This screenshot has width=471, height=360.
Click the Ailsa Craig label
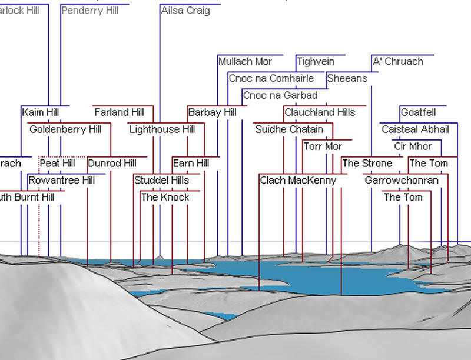point(185,11)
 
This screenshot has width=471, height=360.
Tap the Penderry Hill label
point(89,11)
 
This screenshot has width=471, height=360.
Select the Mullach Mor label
point(245,61)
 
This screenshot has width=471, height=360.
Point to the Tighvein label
point(316,61)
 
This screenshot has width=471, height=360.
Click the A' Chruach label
point(397,61)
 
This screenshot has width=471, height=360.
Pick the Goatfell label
point(418,112)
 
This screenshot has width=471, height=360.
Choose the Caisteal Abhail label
point(415,129)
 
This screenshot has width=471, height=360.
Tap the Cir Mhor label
point(413,146)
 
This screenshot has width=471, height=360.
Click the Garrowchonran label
point(402,180)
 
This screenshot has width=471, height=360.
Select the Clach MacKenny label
point(298,180)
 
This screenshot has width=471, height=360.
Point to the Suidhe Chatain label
point(289,129)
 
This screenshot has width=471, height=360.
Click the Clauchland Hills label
point(320,112)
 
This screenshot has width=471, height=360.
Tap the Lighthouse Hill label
point(162,129)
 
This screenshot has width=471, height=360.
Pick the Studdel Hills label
point(161,180)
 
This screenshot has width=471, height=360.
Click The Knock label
point(165,197)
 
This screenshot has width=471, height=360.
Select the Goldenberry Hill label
point(65,129)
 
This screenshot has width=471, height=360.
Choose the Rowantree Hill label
point(61,180)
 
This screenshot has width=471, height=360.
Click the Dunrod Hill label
point(112,163)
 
